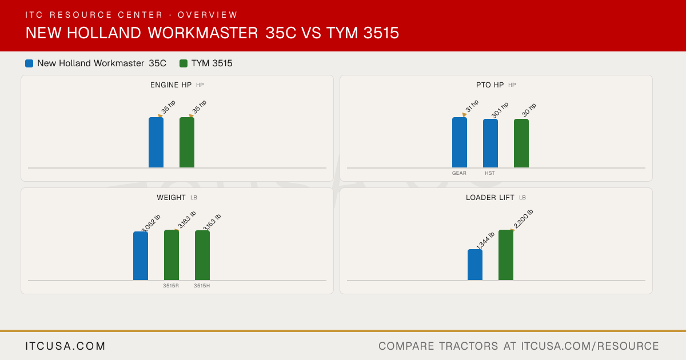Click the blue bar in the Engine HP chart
pyautogui.click(x=156, y=142)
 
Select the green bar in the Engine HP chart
pyautogui.click(x=187, y=142)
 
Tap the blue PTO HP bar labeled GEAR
pyautogui.click(x=460, y=142)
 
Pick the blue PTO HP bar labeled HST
pyautogui.click(x=490, y=143)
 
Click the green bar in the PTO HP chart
pyautogui.click(x=521, y=143)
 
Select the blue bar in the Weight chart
pyautogui.click(x=141, y=255)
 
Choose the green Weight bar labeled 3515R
pyautogui.click(x=171, y=255)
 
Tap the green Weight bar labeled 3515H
pyautogui.click(x=202, y=255)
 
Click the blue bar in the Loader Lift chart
pyautogui.click(x=475, y=265)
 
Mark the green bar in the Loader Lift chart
pyautogui.click(x=506, y=255)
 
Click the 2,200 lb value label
pyautogui.click(x=524, y=219)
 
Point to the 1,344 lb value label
pyautogui.click(x=485, y=241)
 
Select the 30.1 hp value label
pyautogui.click(x=500, y=110)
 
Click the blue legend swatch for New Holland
pyautogui.click(x=29, y=63)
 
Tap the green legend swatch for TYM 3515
pyautogui.click(x=184, y=63)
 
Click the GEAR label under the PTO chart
pyautogui.click(x=459, y=173)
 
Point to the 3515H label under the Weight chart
pyautogui.click(x=202, y=286)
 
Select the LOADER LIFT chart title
pyautogui.click(x=490, y=198)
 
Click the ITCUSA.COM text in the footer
pyautogui.click(x=65, y=346)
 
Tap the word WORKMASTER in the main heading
pyautogui.click(x=203, y=33)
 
